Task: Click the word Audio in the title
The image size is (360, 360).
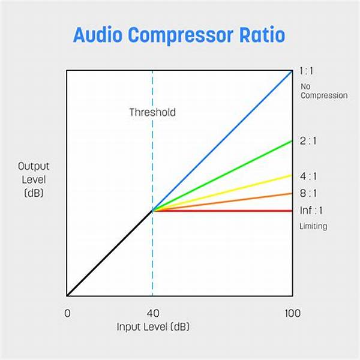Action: [98, 35]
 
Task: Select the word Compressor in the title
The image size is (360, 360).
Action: [181, 36]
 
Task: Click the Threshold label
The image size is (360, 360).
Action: [152, 112]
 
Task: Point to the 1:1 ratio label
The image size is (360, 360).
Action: [306, 71]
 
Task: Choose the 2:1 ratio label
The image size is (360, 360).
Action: [308, 141]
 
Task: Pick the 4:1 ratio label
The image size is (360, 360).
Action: [308, 176]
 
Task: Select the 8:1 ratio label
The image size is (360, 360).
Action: [308, 193]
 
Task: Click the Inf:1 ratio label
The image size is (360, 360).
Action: [311, 211]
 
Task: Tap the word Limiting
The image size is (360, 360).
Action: [313, 226]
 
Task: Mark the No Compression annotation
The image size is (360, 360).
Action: [324, 91]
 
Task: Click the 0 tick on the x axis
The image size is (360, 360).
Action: [67, 313]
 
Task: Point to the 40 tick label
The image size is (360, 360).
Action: [153, 313]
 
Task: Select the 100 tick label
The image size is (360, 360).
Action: [293, 313]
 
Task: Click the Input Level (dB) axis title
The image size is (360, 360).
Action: [153, 327]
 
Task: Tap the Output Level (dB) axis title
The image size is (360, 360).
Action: [34, 179]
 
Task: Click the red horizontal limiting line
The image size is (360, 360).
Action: [222, 211]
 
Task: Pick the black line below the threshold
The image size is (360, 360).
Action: [110, 253]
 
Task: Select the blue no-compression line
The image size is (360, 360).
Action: [222, 141]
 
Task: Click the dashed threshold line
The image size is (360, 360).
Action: [152, 183]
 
